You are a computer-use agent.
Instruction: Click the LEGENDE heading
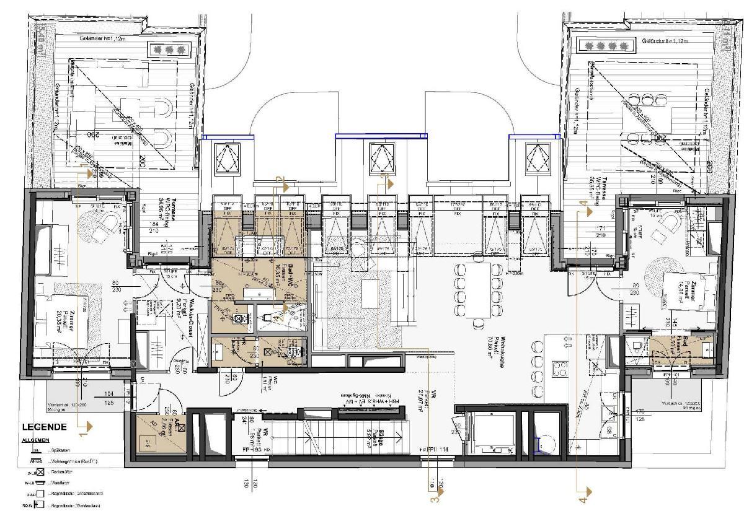coord(44,427)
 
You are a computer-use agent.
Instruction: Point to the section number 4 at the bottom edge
coord(582,496)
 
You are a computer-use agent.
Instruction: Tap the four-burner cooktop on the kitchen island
coord(559,367)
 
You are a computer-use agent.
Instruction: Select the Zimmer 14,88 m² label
coord(692,289)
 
